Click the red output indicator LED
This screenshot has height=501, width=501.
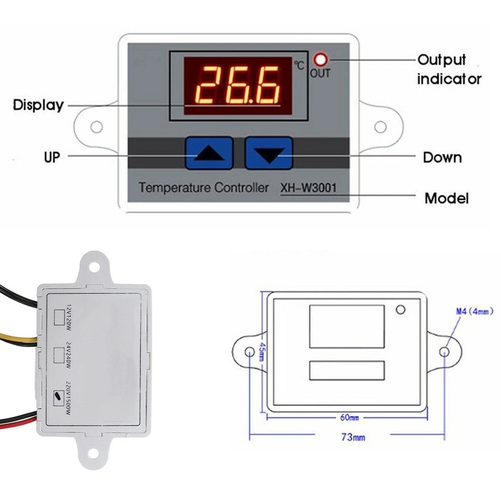click(x=321, y=61)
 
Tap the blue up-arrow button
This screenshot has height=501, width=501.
click(x=209, y=153)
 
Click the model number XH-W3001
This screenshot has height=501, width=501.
click(x=308, y=188)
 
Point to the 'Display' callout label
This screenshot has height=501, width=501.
click(x=38, y=105)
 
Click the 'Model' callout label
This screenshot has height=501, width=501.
click(x=446, y=198)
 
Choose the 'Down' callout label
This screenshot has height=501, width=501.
click(x=442, y=157)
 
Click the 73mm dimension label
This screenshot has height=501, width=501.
click(x=353, y=437)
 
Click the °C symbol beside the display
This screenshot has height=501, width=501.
click(x=299, y=65)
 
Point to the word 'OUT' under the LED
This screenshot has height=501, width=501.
click(x=320, y=74)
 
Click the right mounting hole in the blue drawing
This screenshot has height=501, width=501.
click(x=444, y=352)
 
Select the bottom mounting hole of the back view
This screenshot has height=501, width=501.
click(x=92, y=454)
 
